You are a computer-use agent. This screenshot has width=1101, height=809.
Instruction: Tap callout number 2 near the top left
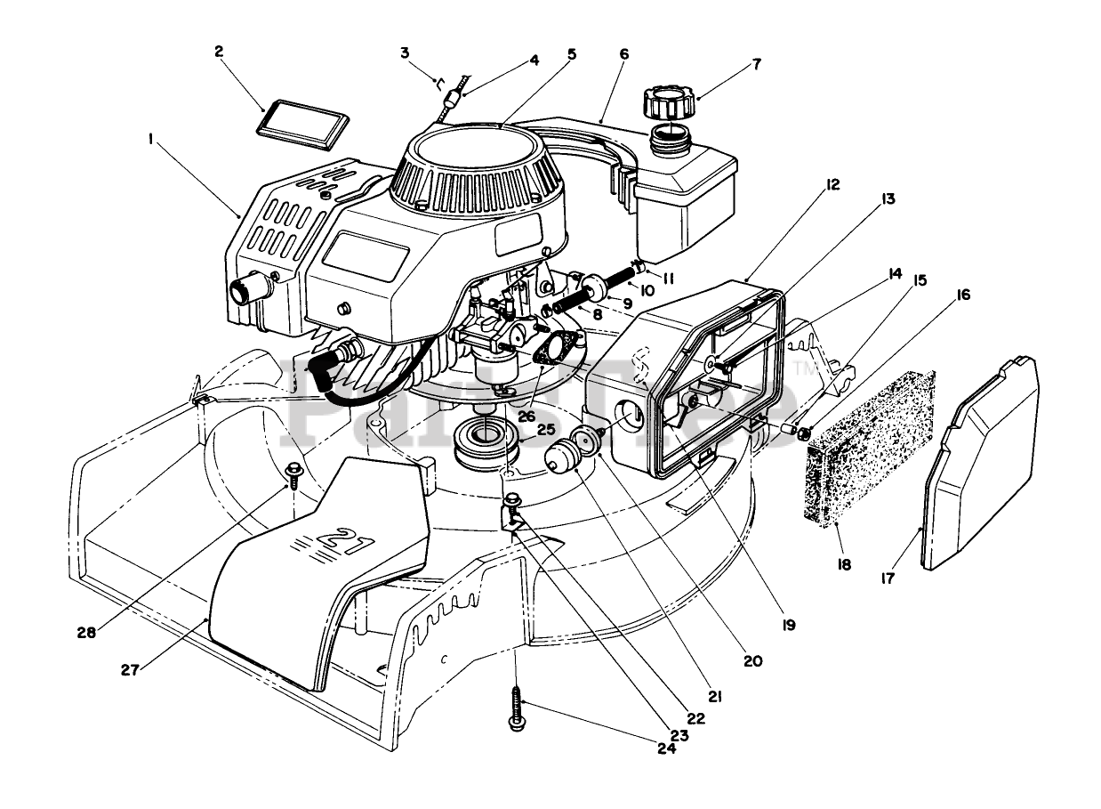tap(219, 51)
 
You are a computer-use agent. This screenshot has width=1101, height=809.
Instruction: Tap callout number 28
tap(86, 633)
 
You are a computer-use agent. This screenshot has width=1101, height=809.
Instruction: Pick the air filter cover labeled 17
tap(981, 464)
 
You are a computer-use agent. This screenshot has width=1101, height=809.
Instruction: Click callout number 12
tap(832, 184)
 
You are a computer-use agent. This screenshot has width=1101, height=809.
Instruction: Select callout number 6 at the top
tap(623, 54)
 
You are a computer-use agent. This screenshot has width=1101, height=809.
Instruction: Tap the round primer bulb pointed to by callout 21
tap(563, 454)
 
